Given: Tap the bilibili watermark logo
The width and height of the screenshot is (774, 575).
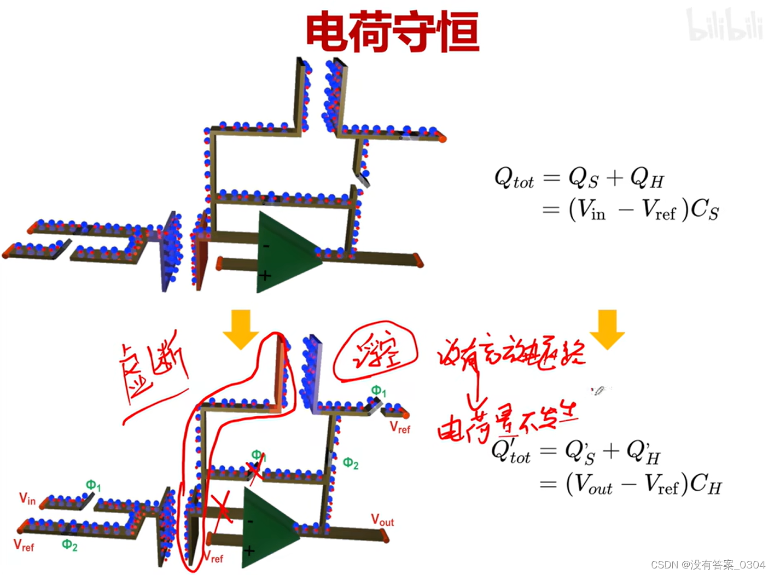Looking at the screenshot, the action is point(724,25).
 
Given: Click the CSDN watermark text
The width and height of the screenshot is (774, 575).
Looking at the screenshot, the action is point(708,565).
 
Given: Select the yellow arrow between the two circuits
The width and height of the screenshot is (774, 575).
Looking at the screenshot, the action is point(241,328).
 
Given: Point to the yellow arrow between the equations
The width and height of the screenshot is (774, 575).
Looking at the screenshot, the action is point(607,328).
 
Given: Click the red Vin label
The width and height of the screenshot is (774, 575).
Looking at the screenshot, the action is point(27,498).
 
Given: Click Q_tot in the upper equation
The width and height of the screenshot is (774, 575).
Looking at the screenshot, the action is point(514,178).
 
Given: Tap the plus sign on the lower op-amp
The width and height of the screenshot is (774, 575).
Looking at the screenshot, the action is point(249,550).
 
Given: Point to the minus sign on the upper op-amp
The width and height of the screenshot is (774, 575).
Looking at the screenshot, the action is point(266,247).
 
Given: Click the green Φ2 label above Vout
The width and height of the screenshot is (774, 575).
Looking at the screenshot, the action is point(351,464).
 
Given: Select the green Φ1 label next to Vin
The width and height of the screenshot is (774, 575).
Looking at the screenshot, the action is point(93,485).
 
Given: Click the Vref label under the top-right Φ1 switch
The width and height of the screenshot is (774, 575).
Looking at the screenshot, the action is point(400,428).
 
